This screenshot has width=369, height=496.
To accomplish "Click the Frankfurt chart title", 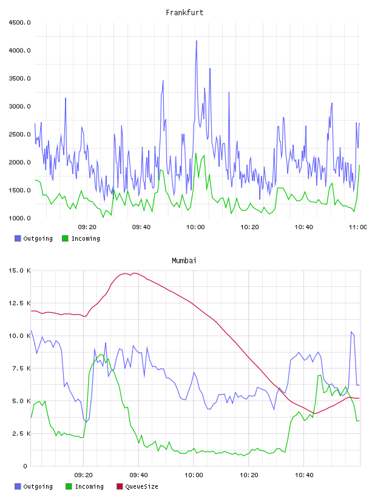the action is click(x=184, y=13).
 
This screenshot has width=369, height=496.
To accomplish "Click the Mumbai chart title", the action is click(x=184, y=261).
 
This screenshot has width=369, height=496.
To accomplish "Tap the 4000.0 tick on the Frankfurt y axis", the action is click(x=19, y=50).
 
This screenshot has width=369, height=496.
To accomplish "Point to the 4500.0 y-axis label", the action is click(x=19, y=22).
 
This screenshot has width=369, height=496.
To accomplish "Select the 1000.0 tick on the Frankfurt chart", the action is click(x=19, y=218).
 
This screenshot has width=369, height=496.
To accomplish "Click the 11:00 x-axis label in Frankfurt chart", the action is click(x=357, y=227).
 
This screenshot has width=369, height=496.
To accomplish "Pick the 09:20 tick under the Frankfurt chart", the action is click(x=87, y=227).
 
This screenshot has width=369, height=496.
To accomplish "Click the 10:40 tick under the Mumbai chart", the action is click(x=304, y=475).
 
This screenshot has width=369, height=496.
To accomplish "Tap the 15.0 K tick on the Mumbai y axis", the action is click(x=19, y=270).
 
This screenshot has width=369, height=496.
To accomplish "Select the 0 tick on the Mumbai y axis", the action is click(x=25, y=466).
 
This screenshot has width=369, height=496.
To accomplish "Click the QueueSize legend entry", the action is click(x=137, y=486).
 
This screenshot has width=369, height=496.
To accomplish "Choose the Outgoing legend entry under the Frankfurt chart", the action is click(x=34, y=238).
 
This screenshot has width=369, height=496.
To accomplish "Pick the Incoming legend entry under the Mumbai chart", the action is click(x=85, y=486).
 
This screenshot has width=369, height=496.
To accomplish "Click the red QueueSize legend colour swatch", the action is click(x=120, y=486).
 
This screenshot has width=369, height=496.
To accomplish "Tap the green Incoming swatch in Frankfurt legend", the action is click(x=65, y=238).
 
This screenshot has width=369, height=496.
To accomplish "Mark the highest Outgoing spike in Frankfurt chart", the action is click(x=197, y=41).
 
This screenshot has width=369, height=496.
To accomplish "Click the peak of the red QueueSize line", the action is click(x=135, y=273).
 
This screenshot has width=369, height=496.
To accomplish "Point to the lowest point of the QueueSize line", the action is click(x=315, y=413).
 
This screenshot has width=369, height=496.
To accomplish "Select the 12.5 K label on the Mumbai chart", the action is click(x=19, y=303).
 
